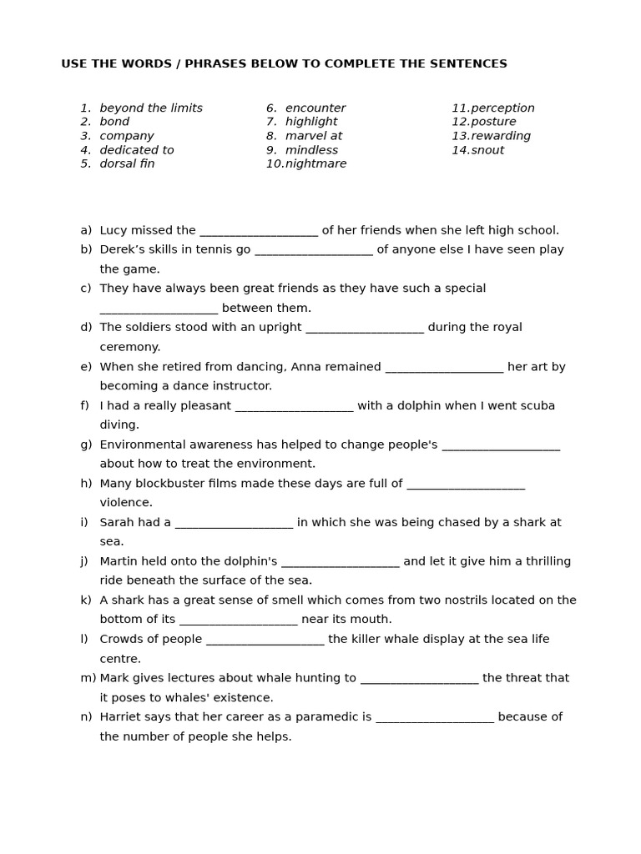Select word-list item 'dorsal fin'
point(127,163)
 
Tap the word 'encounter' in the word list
point(315,108)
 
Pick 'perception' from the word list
point(502,108)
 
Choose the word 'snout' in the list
point(487,150)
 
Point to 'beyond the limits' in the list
point(151,108)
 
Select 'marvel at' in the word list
point(313,136)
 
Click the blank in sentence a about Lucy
point(259,232)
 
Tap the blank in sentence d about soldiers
point(365,329)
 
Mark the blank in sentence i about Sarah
point(234,524)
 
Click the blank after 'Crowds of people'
point(265,640)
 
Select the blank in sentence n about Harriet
point(434,718)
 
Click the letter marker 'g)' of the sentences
point(86,445)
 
